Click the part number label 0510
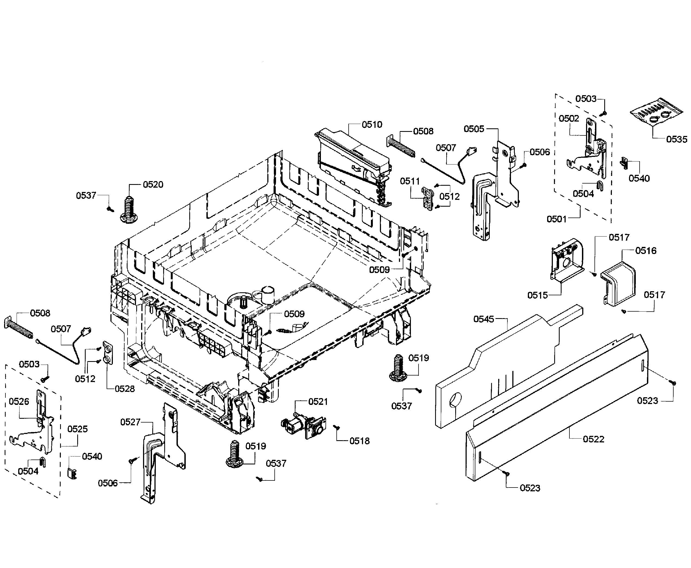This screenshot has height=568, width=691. (x=372, y=125)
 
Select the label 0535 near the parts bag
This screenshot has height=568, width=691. (x=677, y=139)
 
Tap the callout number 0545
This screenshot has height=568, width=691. (x=484, y=319)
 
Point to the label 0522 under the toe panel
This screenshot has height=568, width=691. (x=593, y=439)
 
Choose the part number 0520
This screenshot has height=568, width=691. (x=153, y=185)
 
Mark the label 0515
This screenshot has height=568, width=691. (x=537, y=296)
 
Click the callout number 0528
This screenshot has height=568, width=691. (x=125, y=389)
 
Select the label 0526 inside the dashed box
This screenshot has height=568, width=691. (x=19, y=401)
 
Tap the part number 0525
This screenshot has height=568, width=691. (x=78, y=429)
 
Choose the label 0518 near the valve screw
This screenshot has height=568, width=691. (x=359, y=441)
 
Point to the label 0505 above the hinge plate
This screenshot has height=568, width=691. (x=474, y=129)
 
